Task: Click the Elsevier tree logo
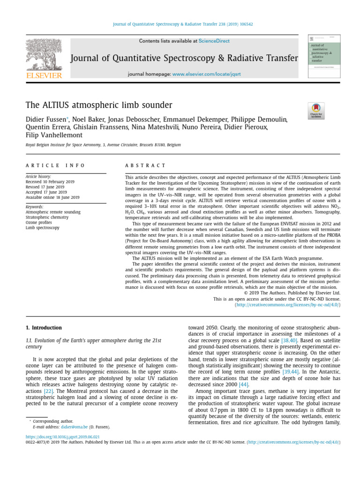tap(44, 54)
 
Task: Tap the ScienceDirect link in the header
tap(214, 41)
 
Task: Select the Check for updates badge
tap(315, 111)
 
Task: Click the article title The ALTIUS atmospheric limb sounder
tap(99, 105)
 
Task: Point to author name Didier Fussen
tap(45, 120)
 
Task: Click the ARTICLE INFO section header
tap(55, 165)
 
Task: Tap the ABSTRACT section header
tap(145, 165)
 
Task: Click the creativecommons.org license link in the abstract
tap(287, 305)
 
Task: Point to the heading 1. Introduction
tap(43, 327)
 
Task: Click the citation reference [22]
tap(48, 391)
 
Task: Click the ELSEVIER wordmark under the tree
tap(44, 75)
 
